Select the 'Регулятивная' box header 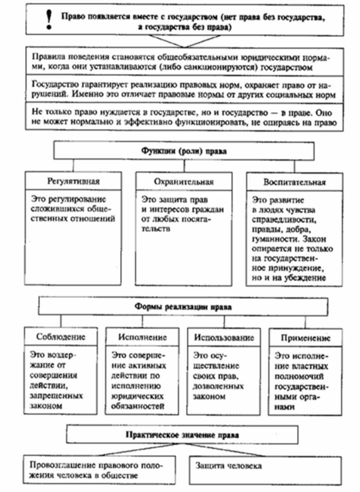click(x=73, y=181)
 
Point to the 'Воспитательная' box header click(x=295, y=182)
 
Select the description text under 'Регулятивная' click(x=73, y=207)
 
